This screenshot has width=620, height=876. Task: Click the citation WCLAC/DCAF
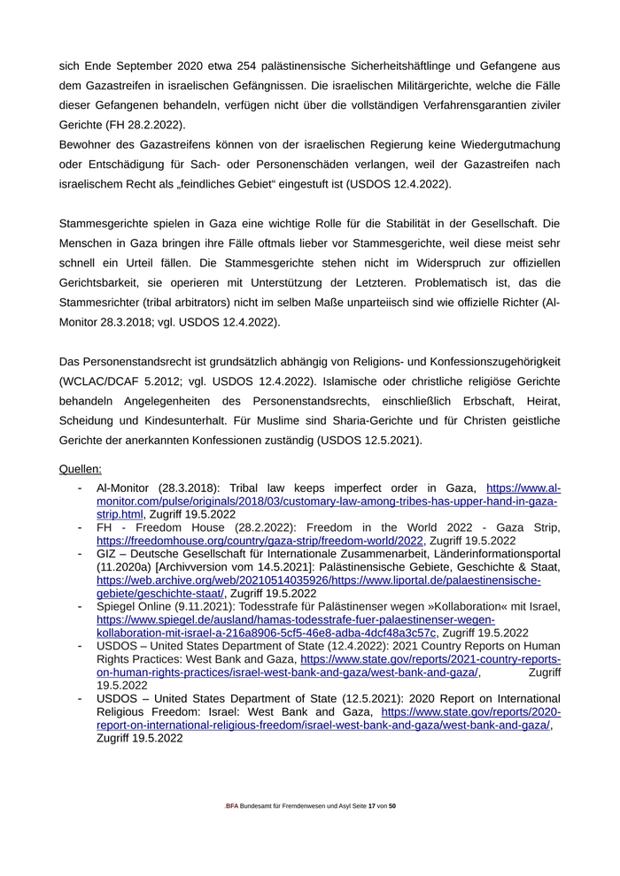[98, 382]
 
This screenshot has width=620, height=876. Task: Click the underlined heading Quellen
[80, 469]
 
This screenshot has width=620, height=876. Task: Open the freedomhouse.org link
[260, 541]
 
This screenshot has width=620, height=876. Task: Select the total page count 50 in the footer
[392, 807]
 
